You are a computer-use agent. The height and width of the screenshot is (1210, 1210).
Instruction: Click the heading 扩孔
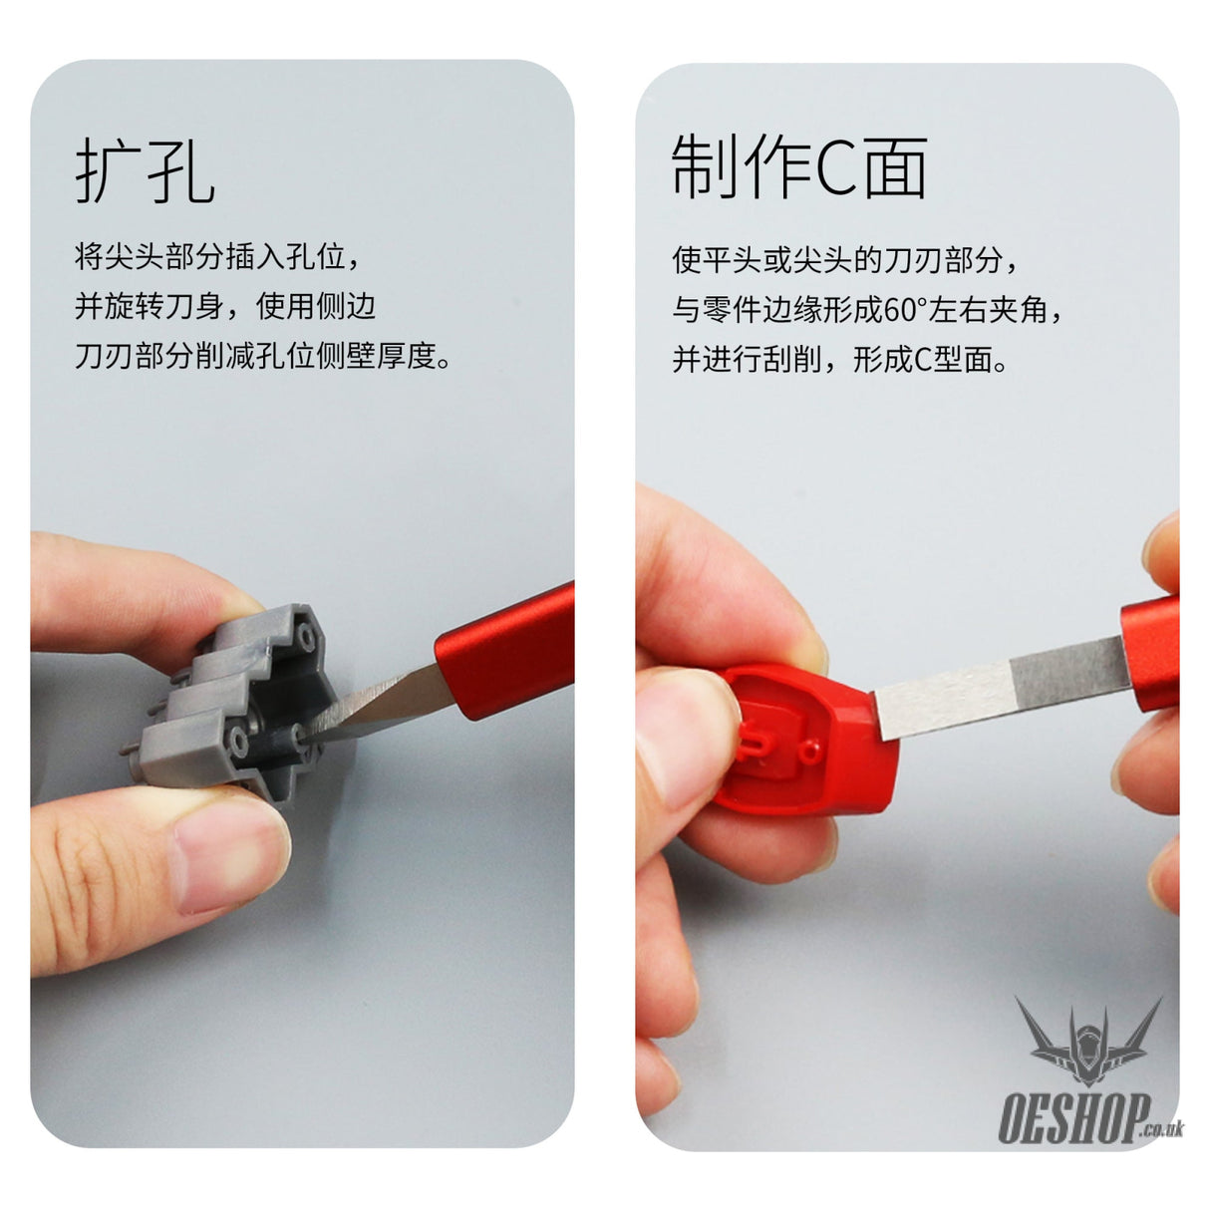pyautogui.click(x=146, y=169)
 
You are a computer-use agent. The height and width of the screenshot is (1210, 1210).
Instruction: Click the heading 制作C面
pyautogui.click(x=798, y=166)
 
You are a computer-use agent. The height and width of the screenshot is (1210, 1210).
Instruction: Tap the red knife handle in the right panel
pyautogui.click(x=1150, y=653)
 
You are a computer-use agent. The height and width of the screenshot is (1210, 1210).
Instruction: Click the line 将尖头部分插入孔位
pyautogui.click(x=216, y=256)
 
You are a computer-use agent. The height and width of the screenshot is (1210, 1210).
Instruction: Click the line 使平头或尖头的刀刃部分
pyautogui.click(x=844, y=259)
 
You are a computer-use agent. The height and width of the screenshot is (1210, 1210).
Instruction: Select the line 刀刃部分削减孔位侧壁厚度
pyautogui.click(x=262, y=356)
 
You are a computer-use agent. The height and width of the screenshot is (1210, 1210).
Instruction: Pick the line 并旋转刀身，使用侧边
pyautogui.click(x=225, y=306)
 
